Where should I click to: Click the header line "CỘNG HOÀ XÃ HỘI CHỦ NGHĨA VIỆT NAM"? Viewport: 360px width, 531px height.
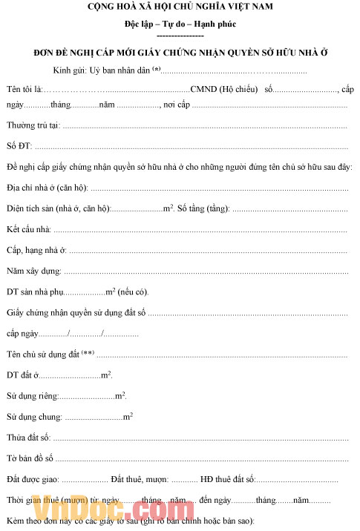coord(180,7)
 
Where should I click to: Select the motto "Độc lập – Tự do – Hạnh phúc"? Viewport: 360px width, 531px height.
coord(180,24)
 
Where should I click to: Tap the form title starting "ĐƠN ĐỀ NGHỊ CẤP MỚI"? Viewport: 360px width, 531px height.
coord(180,54)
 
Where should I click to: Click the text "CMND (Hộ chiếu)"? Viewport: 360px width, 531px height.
coord(224,90)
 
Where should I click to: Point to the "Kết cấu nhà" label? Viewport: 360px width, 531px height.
coord(29,228)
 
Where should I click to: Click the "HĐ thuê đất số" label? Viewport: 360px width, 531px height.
coord(229,481)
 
